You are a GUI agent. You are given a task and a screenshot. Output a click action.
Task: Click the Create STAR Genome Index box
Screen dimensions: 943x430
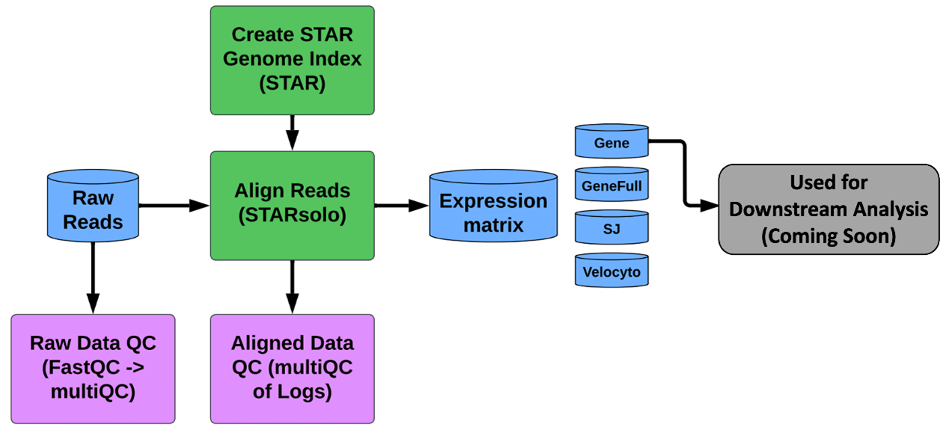click(x=292, y=60)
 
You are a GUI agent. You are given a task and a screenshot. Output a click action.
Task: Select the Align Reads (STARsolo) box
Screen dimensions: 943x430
click(x=292, y=206)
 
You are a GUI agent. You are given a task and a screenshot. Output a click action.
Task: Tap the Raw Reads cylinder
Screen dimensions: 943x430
click(x=93, y=206)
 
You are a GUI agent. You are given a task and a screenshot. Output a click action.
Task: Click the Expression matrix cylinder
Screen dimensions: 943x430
click(x=493, y=206)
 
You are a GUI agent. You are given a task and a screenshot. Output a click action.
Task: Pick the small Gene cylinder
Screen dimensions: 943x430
click(x=611, y=141)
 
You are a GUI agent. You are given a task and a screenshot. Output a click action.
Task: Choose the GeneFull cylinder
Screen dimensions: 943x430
click(x=611, y=184)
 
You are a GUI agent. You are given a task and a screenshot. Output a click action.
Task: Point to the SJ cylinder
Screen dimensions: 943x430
click(x=611, y=227)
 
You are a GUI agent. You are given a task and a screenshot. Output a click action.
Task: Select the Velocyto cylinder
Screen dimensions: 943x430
click(x=611, y=270)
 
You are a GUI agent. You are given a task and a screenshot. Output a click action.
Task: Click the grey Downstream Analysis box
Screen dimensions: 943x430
click(x=828, y=209)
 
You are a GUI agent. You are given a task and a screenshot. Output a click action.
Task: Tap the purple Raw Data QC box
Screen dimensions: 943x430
click(x=93, y=369)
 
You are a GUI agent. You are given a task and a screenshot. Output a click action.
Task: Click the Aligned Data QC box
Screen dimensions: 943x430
click(x=292, y=369)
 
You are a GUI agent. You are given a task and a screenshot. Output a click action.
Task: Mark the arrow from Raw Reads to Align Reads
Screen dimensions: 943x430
click(x=174, y=206)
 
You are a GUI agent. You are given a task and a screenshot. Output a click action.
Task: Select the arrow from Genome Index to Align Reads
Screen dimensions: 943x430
click(x=292, y=132)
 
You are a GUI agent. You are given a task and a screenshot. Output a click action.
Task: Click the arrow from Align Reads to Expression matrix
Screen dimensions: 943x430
click(x=402, y=206)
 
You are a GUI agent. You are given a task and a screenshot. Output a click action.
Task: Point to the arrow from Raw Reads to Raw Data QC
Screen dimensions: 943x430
click(x=93, y=278)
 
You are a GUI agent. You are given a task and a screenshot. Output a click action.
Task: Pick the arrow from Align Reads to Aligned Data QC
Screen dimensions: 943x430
click(x=292, y=287)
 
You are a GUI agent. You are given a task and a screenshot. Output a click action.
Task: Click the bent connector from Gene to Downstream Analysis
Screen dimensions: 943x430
click(x=685, y=173)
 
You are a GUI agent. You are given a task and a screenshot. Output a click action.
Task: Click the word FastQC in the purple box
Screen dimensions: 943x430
click(x=80, y=367)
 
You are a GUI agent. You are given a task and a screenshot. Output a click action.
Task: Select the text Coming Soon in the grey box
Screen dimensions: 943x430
click(x=828, y=236)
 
